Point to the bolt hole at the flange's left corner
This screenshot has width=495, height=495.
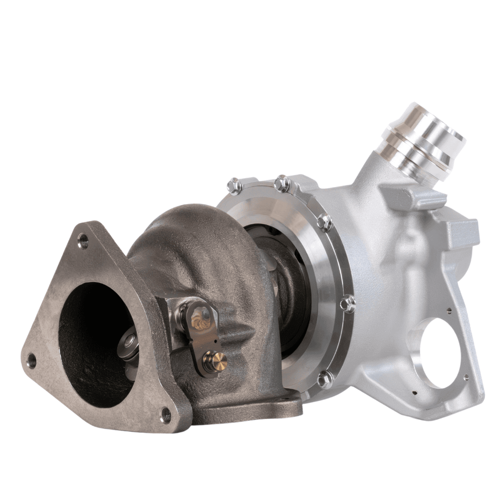(32, 360)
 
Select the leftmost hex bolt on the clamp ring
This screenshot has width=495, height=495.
(235, 186)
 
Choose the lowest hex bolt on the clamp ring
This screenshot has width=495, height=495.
(326, 379)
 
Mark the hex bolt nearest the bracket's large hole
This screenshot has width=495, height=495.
(348, 303)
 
